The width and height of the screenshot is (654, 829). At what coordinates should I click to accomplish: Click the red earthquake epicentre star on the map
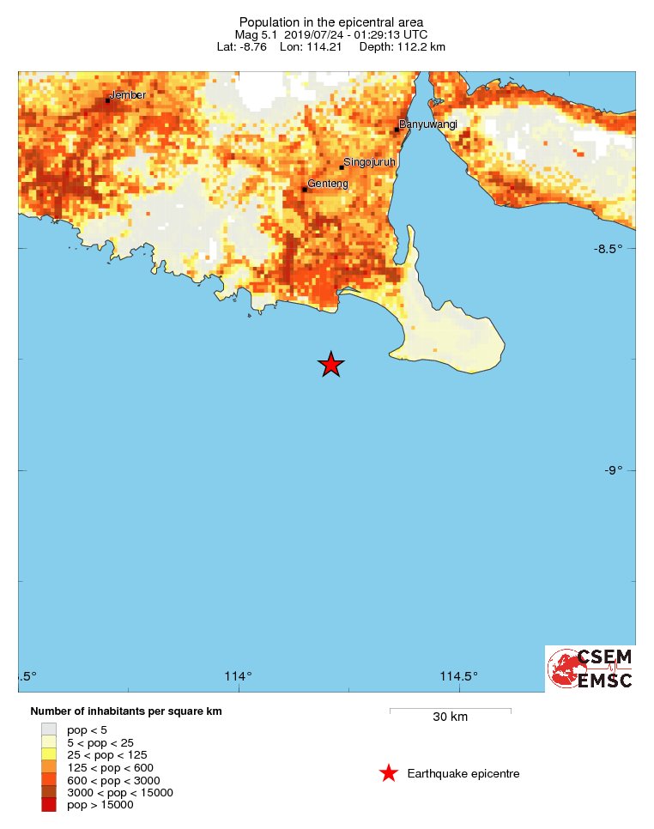coord(331,365)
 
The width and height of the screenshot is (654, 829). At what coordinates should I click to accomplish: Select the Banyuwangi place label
coord(428,124)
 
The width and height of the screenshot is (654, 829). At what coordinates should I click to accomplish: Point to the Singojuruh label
coord(369,162)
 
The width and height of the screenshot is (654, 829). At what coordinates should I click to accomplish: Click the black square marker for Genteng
coord(305,190)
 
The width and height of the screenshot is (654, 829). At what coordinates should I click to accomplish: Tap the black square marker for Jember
coord(108,100)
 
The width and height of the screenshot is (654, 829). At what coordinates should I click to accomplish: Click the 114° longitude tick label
coord(238,676)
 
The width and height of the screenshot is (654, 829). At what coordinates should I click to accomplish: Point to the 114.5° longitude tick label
coord(459,676)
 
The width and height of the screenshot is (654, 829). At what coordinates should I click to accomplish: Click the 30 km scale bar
coord(450,711)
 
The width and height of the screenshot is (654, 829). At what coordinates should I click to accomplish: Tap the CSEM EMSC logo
coord(590,669)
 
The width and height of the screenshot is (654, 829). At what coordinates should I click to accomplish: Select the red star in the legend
coord(389,773)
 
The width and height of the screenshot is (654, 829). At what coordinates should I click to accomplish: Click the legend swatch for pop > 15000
coord(48,804)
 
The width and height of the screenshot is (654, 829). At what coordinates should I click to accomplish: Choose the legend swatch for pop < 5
coord(48,729)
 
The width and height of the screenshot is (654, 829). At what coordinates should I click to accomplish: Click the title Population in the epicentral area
coord(330,21)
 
